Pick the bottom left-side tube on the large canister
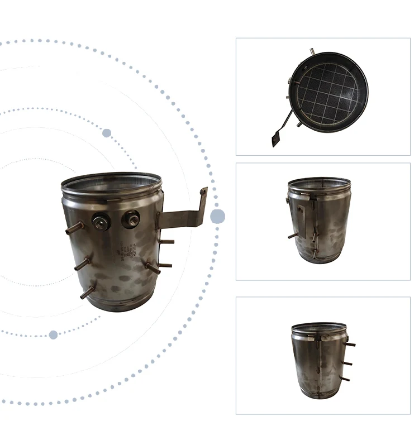(87, 292)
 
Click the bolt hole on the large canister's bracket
(204, 193)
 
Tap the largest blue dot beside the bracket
(217, 217)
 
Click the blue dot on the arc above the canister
(106, 133)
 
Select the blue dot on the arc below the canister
(53, 334)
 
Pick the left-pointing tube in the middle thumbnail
(292, 236)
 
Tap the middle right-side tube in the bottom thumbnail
(347, 363)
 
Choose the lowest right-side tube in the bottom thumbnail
(345, 379)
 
